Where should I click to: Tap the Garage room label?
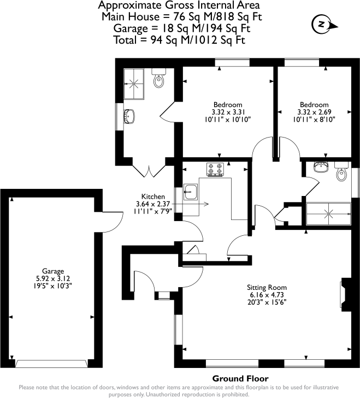tap(54, 271)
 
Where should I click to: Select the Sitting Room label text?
tap(267, 287)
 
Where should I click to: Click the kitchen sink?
tap(191, 191)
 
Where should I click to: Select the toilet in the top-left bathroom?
tap(159, 81)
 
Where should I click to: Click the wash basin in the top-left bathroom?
tap(129, 116)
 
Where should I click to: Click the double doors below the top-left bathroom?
tap(149, 170)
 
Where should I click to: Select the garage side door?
tap(114, 218)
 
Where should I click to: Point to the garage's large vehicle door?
tap(52, 363)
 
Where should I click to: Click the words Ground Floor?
tap(240, 378)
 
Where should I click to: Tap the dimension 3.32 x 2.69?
tap(314, 112)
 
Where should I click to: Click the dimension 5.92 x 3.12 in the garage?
tap(54, 278)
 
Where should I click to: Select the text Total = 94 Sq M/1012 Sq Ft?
tap(179, 40)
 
